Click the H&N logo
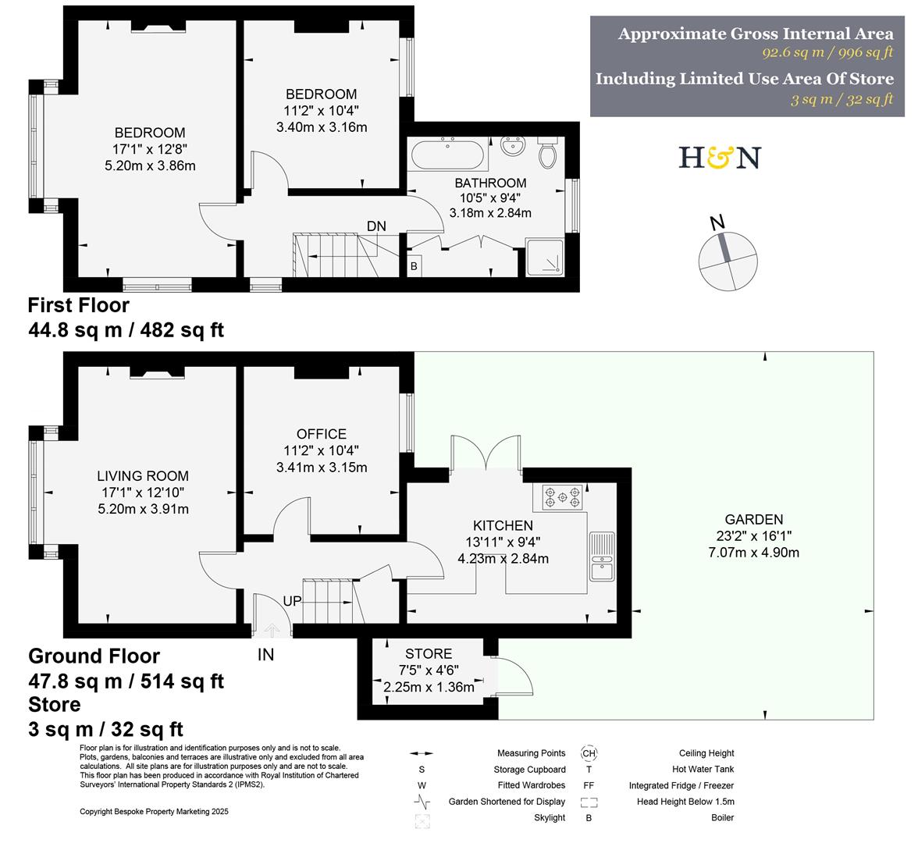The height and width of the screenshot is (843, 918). pos(719,158)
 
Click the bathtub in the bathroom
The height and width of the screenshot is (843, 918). pos(448,154)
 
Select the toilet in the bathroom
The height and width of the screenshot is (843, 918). pos(548,151)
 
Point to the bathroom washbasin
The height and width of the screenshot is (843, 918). pos(512,146)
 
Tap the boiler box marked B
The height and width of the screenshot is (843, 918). pos(414,265)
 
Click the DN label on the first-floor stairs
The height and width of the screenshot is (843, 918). pos(376,226)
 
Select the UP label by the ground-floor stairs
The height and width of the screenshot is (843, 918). pos(293,602)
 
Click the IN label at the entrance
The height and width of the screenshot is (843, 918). pos(265,655)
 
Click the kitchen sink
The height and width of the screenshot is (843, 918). pos(602,555)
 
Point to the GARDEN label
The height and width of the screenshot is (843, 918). pos(753,519)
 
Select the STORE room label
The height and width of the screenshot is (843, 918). pos(428,653)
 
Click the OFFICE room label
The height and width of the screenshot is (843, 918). pos(321,434)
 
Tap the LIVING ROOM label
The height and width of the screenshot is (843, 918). pos(142,476)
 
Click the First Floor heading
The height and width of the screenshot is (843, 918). pos(79,305)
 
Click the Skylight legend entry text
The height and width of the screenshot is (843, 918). pos(549,817)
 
